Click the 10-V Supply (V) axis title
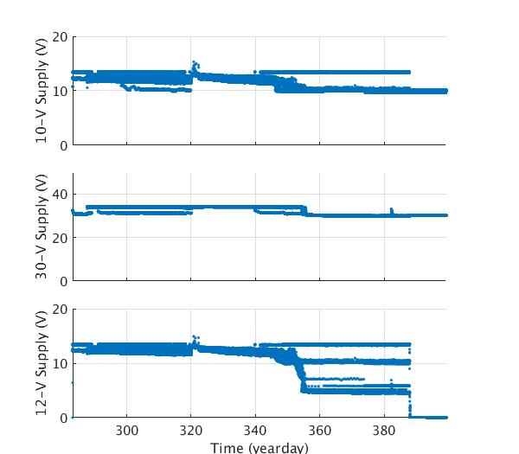(x=42, y=91)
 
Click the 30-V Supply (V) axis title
(x=42, y=227)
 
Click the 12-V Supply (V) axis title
(x=42, y=363)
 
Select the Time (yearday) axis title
(x=259, y=447)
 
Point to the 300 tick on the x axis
(x=127, y=431)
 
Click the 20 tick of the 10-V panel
(x=60, y=37)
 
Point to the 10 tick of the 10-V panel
(x=60, y=91)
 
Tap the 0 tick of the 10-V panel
(x=63, y=145)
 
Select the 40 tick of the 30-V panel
(x=60, y=195)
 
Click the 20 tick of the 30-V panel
(x=60, y=238)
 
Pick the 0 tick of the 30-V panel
(x=63, y=281)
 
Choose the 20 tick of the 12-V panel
(x=60, y=310)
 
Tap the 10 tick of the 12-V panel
(x=60, y=363)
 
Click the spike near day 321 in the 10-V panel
(x=194, y=63)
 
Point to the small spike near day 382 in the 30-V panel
(x=391, y=209)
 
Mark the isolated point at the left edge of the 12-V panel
(x=74, y=382)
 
